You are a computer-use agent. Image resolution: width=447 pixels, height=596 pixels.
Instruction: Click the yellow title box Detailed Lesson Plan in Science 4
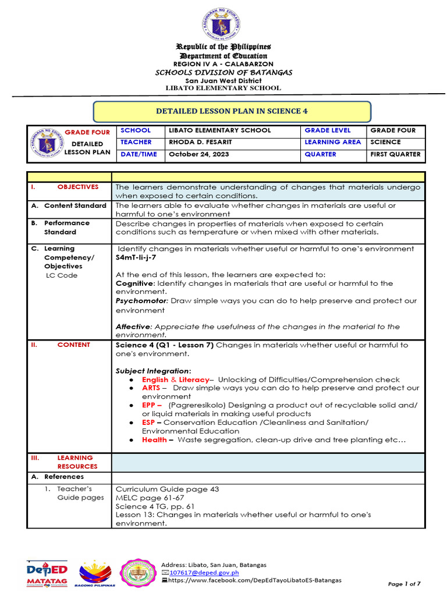(232, 111)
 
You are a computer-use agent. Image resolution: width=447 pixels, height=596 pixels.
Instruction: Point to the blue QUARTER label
(320, 154)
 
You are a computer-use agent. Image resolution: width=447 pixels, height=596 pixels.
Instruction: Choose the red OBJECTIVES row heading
(77, 187)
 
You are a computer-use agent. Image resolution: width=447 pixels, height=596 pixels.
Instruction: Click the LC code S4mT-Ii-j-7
(136, 257)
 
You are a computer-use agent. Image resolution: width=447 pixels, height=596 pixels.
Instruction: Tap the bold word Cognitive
(135, 283)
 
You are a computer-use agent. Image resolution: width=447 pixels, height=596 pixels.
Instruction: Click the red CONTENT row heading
(73, 345)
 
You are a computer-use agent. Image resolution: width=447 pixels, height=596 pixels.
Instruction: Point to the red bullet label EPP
(151, 405)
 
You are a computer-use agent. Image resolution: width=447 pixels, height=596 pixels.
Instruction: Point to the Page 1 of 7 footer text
(404, 584)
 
